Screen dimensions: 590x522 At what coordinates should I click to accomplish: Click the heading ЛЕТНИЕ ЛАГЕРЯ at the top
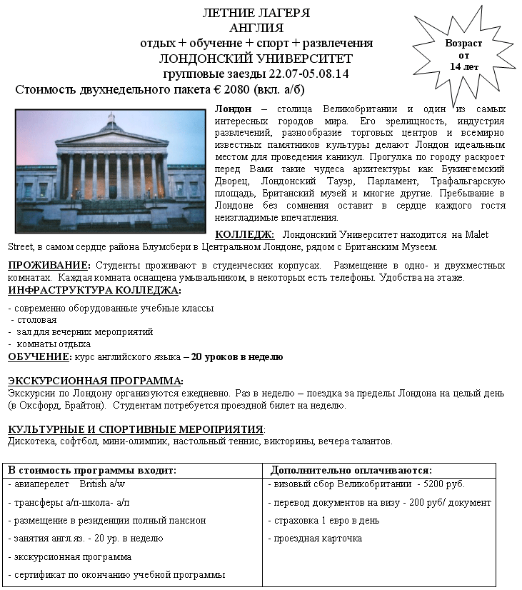tap(256, 13)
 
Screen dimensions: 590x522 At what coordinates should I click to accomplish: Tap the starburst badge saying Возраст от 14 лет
tap(463, 54)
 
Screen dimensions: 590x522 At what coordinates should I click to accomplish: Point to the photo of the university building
tap(110, 170)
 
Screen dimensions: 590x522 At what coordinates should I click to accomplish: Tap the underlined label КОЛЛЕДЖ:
tap(244, 234)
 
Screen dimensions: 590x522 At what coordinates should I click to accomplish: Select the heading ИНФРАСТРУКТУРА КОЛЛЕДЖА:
tap(94, 291)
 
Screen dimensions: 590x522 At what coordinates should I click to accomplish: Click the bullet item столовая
tap(36, 320)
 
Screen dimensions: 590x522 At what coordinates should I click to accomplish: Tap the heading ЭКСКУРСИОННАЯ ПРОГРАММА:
tap(95, 381)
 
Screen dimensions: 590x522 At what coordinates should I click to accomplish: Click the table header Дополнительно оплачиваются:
tap(351, 470)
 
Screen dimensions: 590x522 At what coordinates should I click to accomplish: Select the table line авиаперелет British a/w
tap(66, 484)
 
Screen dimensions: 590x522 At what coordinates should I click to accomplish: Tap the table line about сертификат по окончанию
tap(116, 574)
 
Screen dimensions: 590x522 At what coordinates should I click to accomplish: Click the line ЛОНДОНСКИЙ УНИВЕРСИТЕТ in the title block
tap(256, 59)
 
